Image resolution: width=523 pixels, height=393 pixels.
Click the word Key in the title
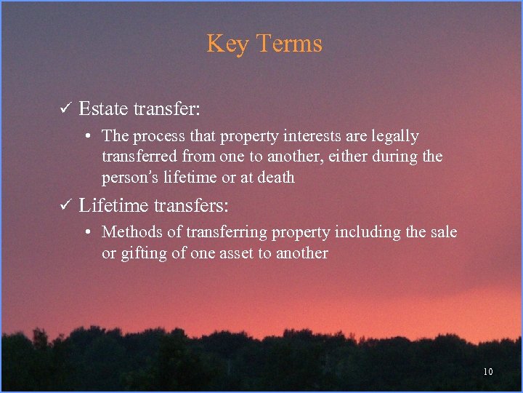click(x=226, y=44)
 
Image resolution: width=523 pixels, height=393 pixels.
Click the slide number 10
click(x=487, y=372)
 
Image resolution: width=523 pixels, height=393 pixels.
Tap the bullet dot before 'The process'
click(x=86, y=136)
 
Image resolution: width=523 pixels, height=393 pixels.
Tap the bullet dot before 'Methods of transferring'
click(x=86, y=232)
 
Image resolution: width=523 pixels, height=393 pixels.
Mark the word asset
click(x=242, y=253)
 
